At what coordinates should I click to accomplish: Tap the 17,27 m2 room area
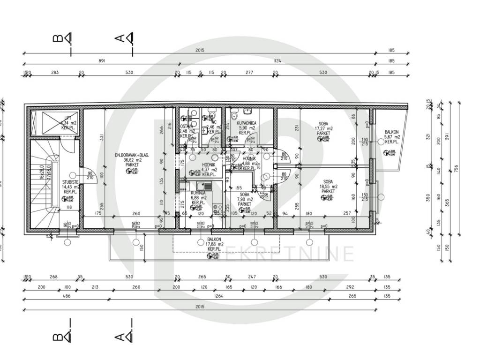323,128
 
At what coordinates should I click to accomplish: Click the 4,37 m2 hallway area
209,170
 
